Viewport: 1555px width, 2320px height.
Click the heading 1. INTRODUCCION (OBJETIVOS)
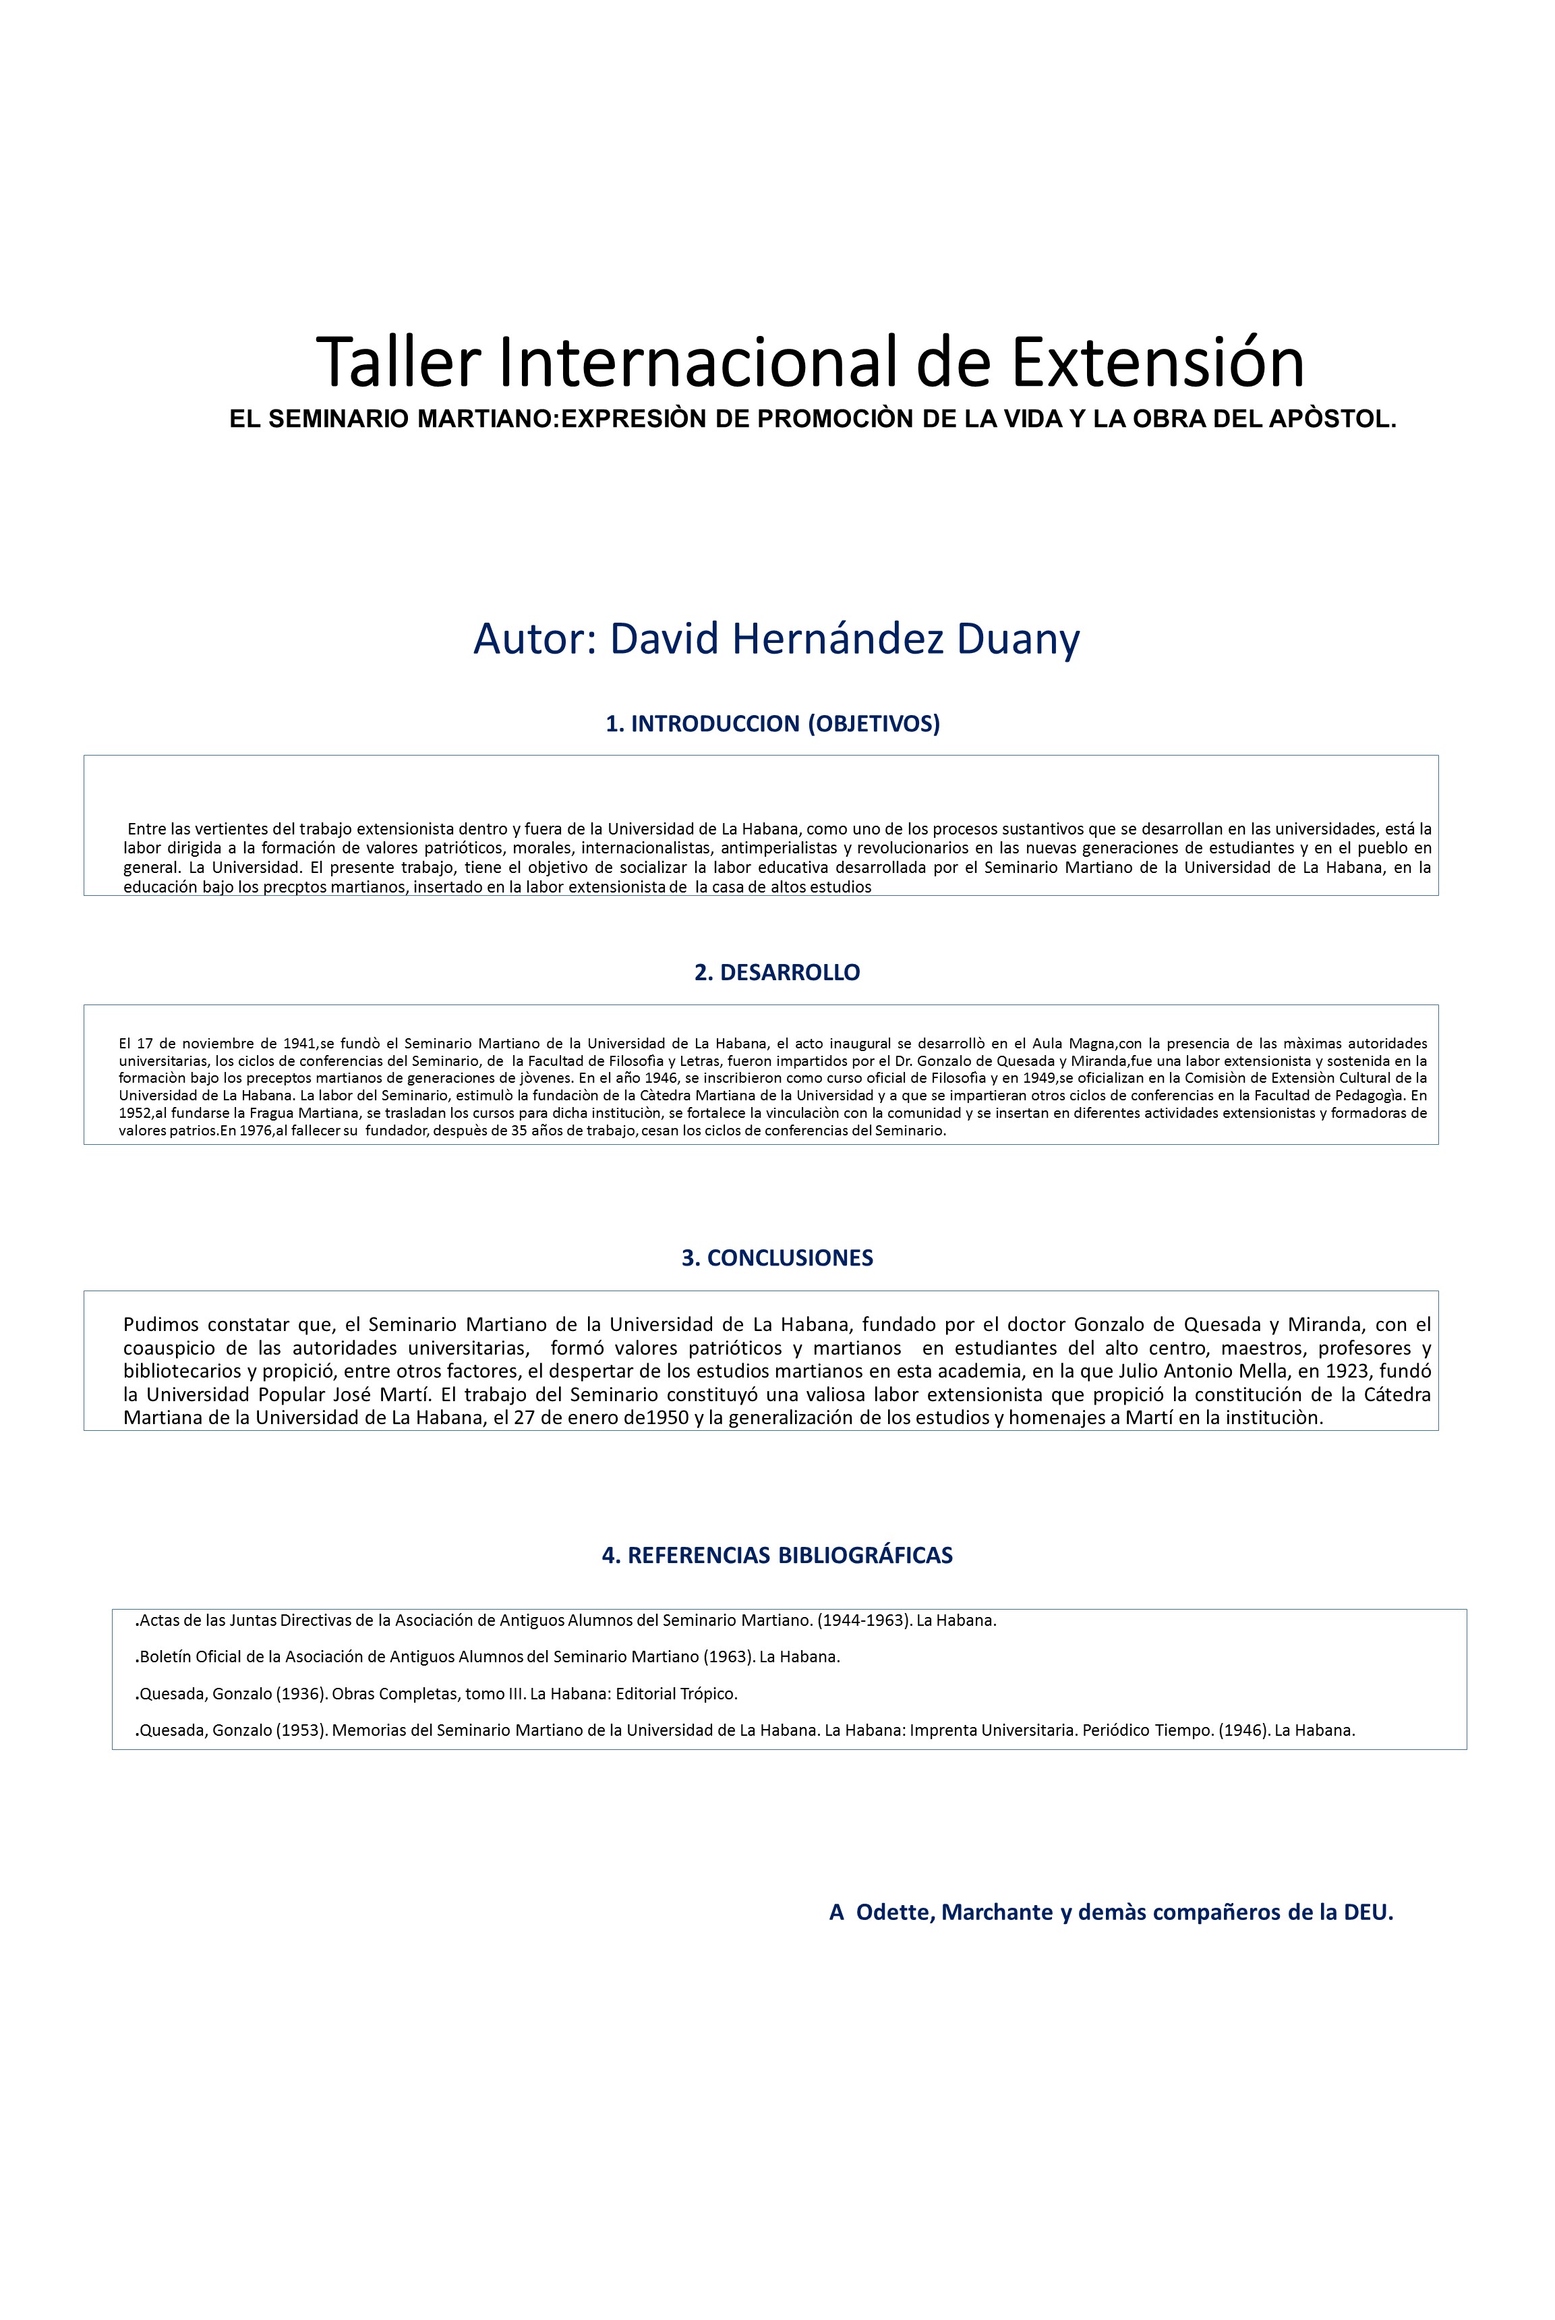tap(773, 723)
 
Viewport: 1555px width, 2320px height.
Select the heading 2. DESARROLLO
tap(777, 972)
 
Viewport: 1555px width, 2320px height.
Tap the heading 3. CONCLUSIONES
tap(777, 1257)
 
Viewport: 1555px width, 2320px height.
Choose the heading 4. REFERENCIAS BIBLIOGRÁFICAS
tap(777, 1554)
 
